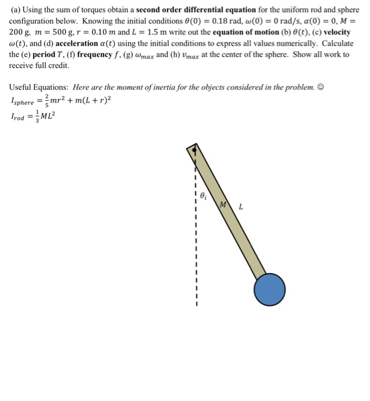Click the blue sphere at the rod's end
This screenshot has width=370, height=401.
tap(269, 290)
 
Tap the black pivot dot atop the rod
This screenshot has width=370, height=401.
tap(195, 151)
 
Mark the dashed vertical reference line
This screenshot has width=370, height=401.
tap(195, 241)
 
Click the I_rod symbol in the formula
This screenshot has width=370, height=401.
tap(21, 117)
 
